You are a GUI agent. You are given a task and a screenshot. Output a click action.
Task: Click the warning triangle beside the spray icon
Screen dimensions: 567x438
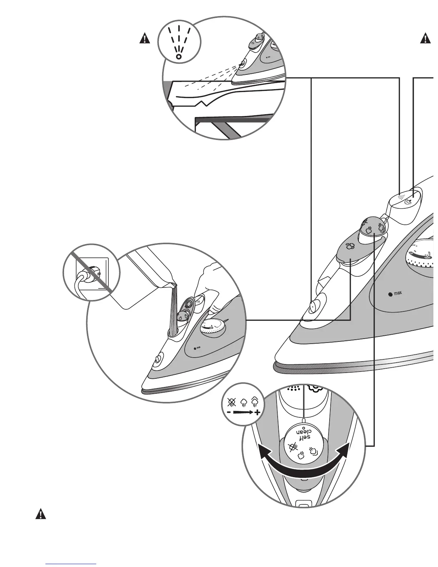[145, 38]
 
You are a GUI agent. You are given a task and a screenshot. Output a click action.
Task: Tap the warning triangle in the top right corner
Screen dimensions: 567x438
[425, 38]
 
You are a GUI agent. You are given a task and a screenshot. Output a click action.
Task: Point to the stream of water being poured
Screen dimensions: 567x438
[173, 308]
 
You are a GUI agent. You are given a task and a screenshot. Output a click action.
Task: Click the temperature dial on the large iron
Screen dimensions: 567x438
[422, 258]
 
